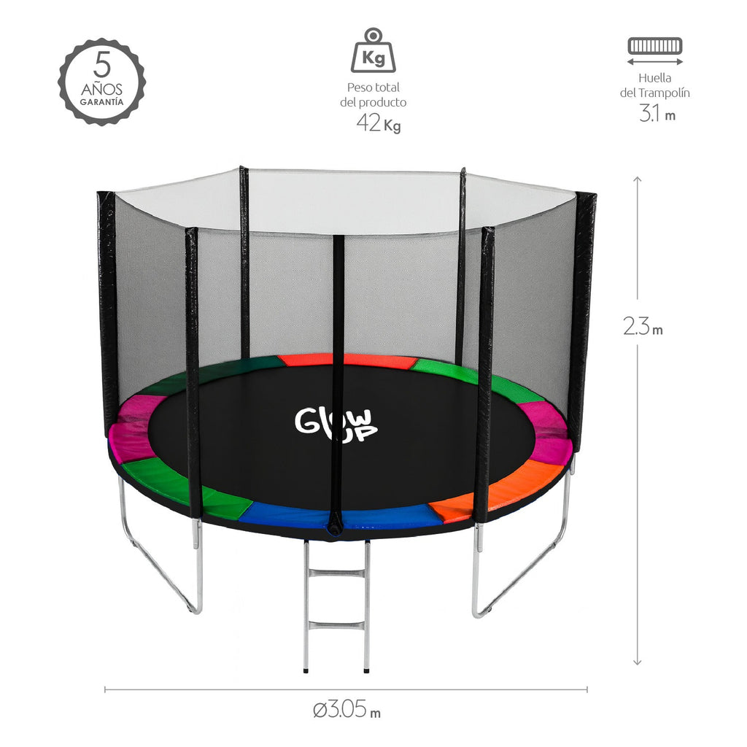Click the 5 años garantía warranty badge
click(x=101, y=82)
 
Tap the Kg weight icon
click(x=373, y=52)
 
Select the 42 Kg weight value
click(x=378, y=123)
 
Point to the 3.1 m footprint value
click(x=657, y=114)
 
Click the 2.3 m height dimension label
click(x=643, y=328)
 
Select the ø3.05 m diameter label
click(x=346, y=709)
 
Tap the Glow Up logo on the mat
click(x=336, y=425)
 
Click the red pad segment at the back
click(x=347, y=360)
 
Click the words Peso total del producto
click(x=373, y=96)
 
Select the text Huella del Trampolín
click(x=654, y=85)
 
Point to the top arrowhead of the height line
click(x=637, y=179)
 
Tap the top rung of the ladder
click(x=336, y=575)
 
